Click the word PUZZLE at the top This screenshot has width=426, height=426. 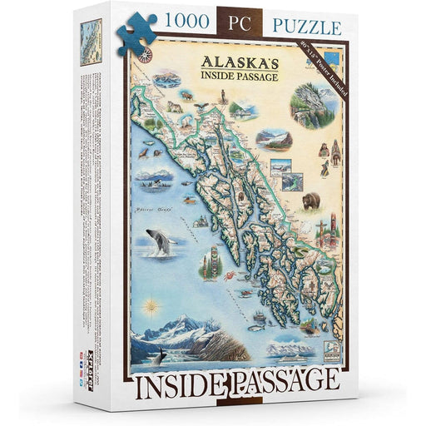(304, 27)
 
